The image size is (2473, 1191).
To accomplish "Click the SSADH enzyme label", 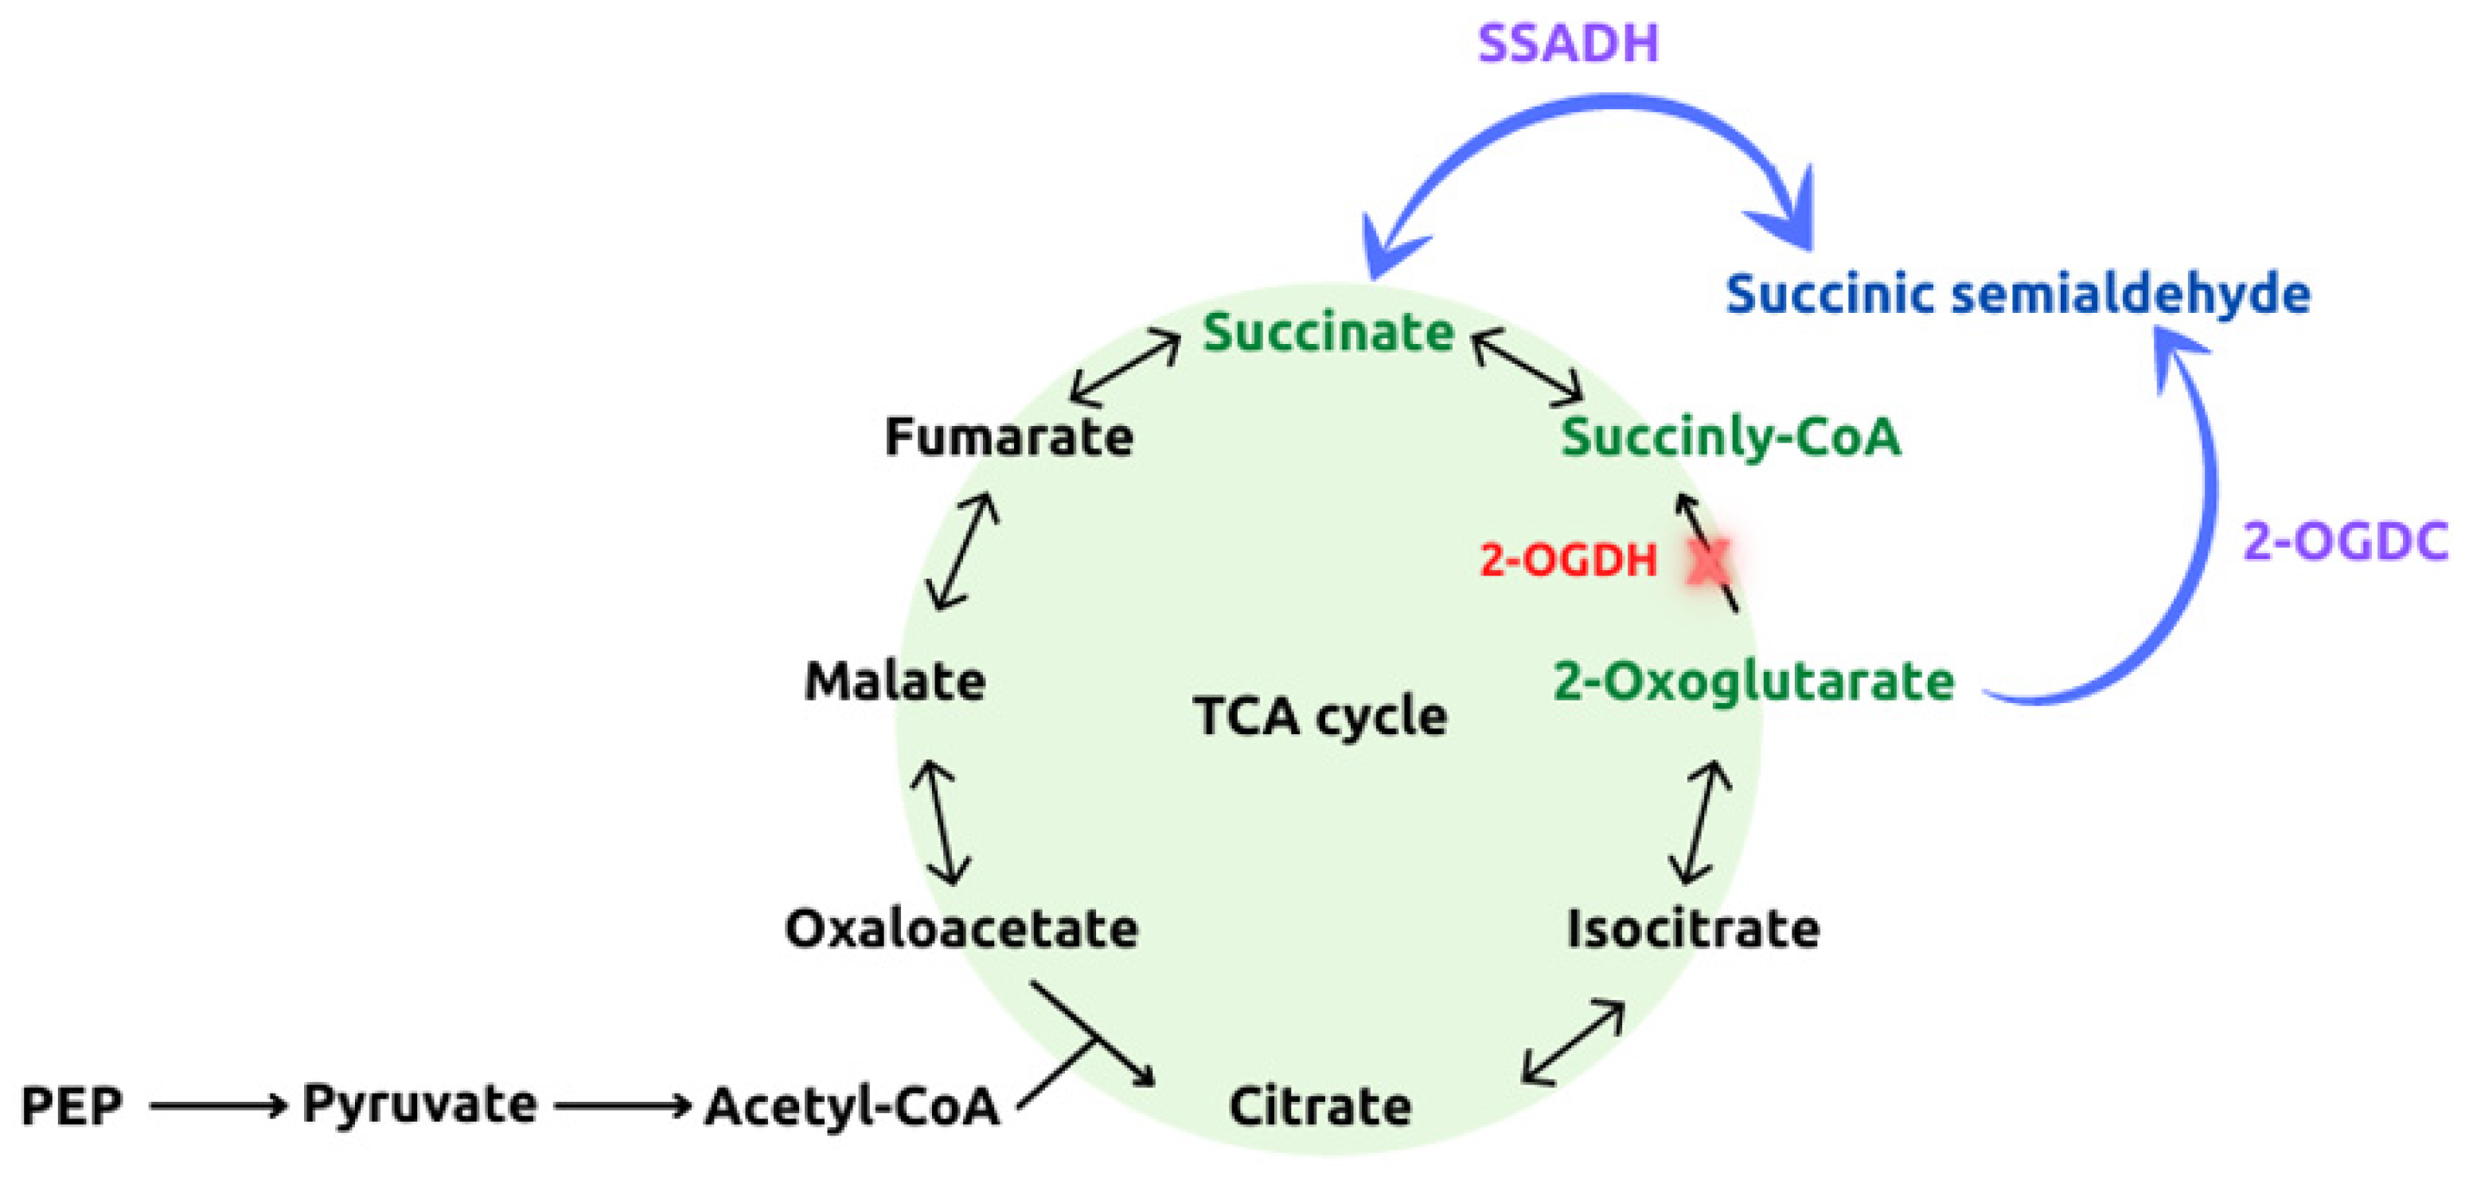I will tap(1568, 43).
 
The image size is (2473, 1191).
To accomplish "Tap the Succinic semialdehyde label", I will tap(2018, 293).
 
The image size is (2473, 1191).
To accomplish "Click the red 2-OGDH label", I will tap(1568, 560).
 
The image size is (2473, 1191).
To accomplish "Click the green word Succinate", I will tap(1328, 332).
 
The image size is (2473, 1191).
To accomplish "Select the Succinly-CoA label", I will tap(1730, 437).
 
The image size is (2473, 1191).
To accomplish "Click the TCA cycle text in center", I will tap(1320, 717).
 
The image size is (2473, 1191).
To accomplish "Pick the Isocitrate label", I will tap(1692, 929).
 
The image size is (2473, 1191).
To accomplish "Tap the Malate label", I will tap(895, 681).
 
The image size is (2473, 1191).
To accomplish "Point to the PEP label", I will tap(72, 1106).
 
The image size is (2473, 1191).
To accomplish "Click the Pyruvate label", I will tap(419, 1103).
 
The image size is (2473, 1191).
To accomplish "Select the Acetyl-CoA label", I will tap(852, 1106).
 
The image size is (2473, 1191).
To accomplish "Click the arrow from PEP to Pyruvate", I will tap(218, 1106).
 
